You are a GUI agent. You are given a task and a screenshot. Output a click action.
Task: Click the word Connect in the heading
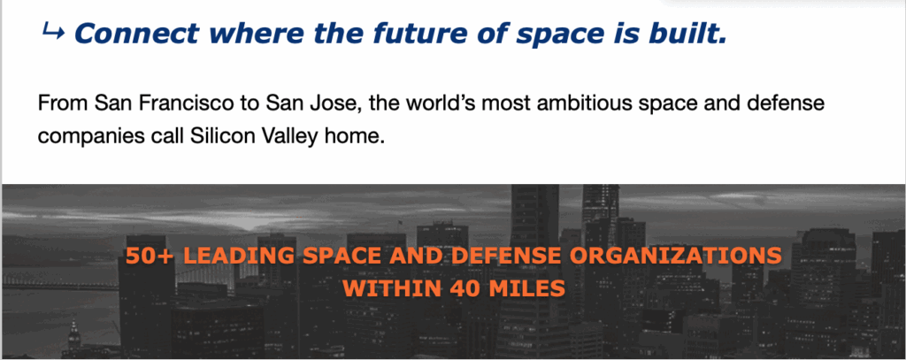click(x=137, y=34)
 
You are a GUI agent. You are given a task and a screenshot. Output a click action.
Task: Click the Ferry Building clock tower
click(x=73, y=338)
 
